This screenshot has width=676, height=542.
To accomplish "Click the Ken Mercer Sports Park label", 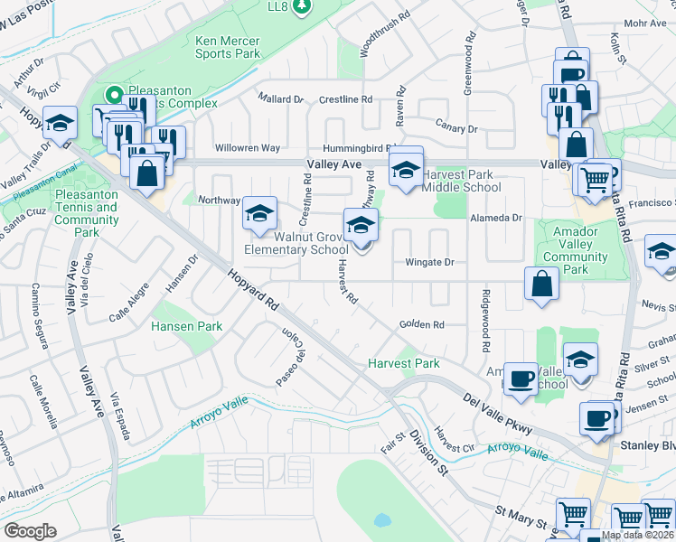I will (x=228, y=47).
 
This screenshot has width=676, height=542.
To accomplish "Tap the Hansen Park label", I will (x=186, y=325).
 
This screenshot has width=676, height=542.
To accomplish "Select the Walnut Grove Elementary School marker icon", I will (x=361, y=225).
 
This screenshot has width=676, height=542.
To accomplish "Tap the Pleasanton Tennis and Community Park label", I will (x=87, y=213).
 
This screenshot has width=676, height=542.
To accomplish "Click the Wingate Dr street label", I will (x=428, y=263).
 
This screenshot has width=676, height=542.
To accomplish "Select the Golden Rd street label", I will (x=422, y=325).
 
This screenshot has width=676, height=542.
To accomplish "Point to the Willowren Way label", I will (x=247, y=148).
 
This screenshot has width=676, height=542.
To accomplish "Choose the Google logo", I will (x=30, y=530).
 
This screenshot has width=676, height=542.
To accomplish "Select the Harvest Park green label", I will (x=403, y=363).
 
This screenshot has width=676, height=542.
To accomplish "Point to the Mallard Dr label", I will (x=280, y=98).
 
